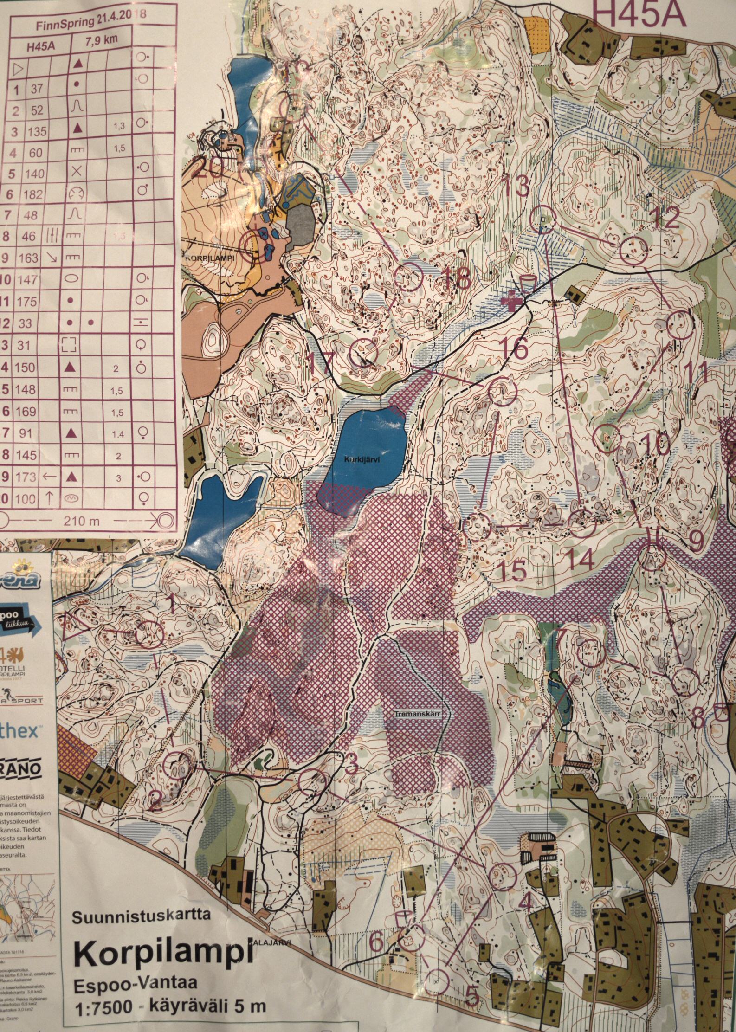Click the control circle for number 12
633,251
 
